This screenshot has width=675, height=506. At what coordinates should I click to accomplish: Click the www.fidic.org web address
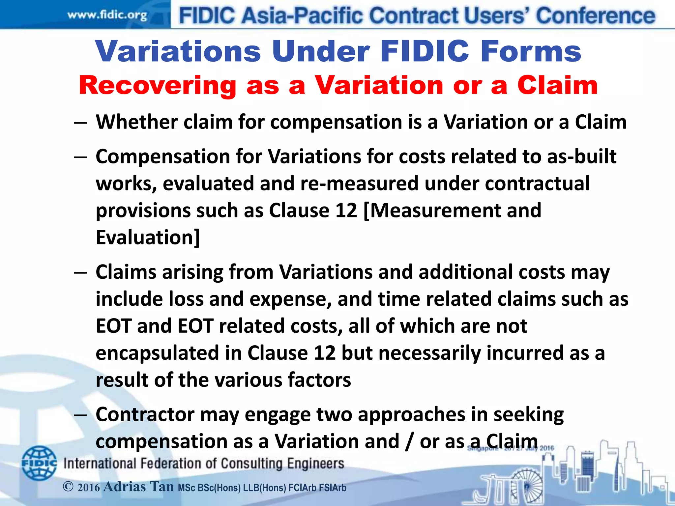pyautogui.click(x=107, y=15)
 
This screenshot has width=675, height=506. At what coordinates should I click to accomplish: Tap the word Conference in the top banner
pyautogui.click(x=595, y=16)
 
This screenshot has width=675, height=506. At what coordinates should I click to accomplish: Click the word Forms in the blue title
pyautogui.click(x=531, y=51)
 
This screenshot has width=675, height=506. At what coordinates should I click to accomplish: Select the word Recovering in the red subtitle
pyautogui.click(x=158, y=86)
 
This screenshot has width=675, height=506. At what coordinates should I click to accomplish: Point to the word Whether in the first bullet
pyautogui.click(x=137, y=122)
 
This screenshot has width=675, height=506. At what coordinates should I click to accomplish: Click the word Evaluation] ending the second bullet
pyautogui.click(x=148, y=237)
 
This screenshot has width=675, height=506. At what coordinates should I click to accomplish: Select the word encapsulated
pyautogui.click(x=157, y=353)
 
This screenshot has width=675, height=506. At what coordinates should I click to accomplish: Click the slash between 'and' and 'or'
pyautogui.click(x=409, y=441)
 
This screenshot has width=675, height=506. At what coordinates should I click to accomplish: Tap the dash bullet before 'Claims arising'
pyautogui.click(x=80, y=273)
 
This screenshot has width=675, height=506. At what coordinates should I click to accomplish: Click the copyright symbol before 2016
pyautogui.click(x=68, y=487)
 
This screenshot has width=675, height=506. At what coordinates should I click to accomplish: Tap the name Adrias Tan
pyautogui.click(x=138, y=487)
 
